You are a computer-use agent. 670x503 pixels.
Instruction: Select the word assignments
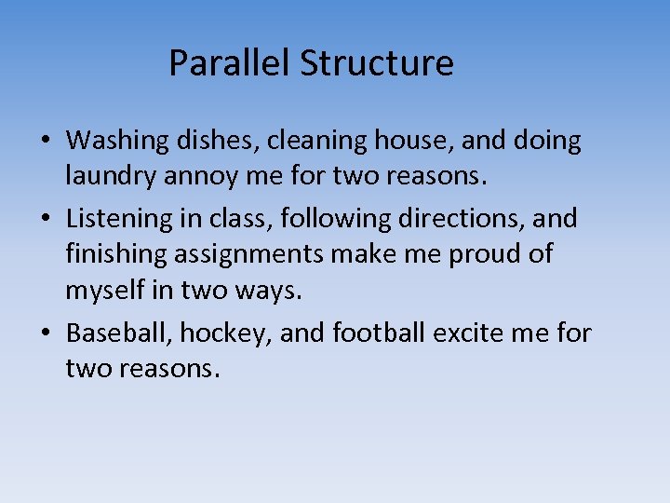[256, 254]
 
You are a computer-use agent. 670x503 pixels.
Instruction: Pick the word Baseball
[119, 332]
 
